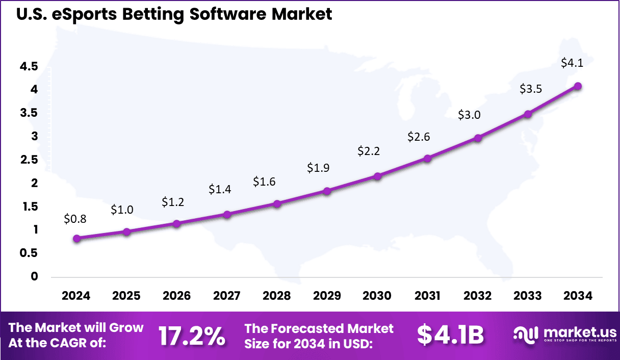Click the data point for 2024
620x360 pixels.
coord(76,238)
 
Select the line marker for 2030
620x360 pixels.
coord(377,176)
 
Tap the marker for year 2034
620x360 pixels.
coord(578,86)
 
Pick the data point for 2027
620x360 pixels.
coord(227,214)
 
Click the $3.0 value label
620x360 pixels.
coord(469,115)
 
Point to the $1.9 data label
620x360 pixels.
coord(318,168)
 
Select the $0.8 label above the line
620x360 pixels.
coord(75,219)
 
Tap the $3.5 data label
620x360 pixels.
coord(530,89)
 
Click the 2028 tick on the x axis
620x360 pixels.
coord(277,296)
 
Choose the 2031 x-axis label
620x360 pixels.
coord(427,296)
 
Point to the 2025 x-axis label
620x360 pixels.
coord(126,296)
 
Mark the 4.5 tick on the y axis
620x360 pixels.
coord(29,66)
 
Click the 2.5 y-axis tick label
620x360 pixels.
coord(29,160)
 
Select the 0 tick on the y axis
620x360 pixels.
coord(34,276)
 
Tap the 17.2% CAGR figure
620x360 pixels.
coord(191,336)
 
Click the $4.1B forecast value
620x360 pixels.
coord(450,335)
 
